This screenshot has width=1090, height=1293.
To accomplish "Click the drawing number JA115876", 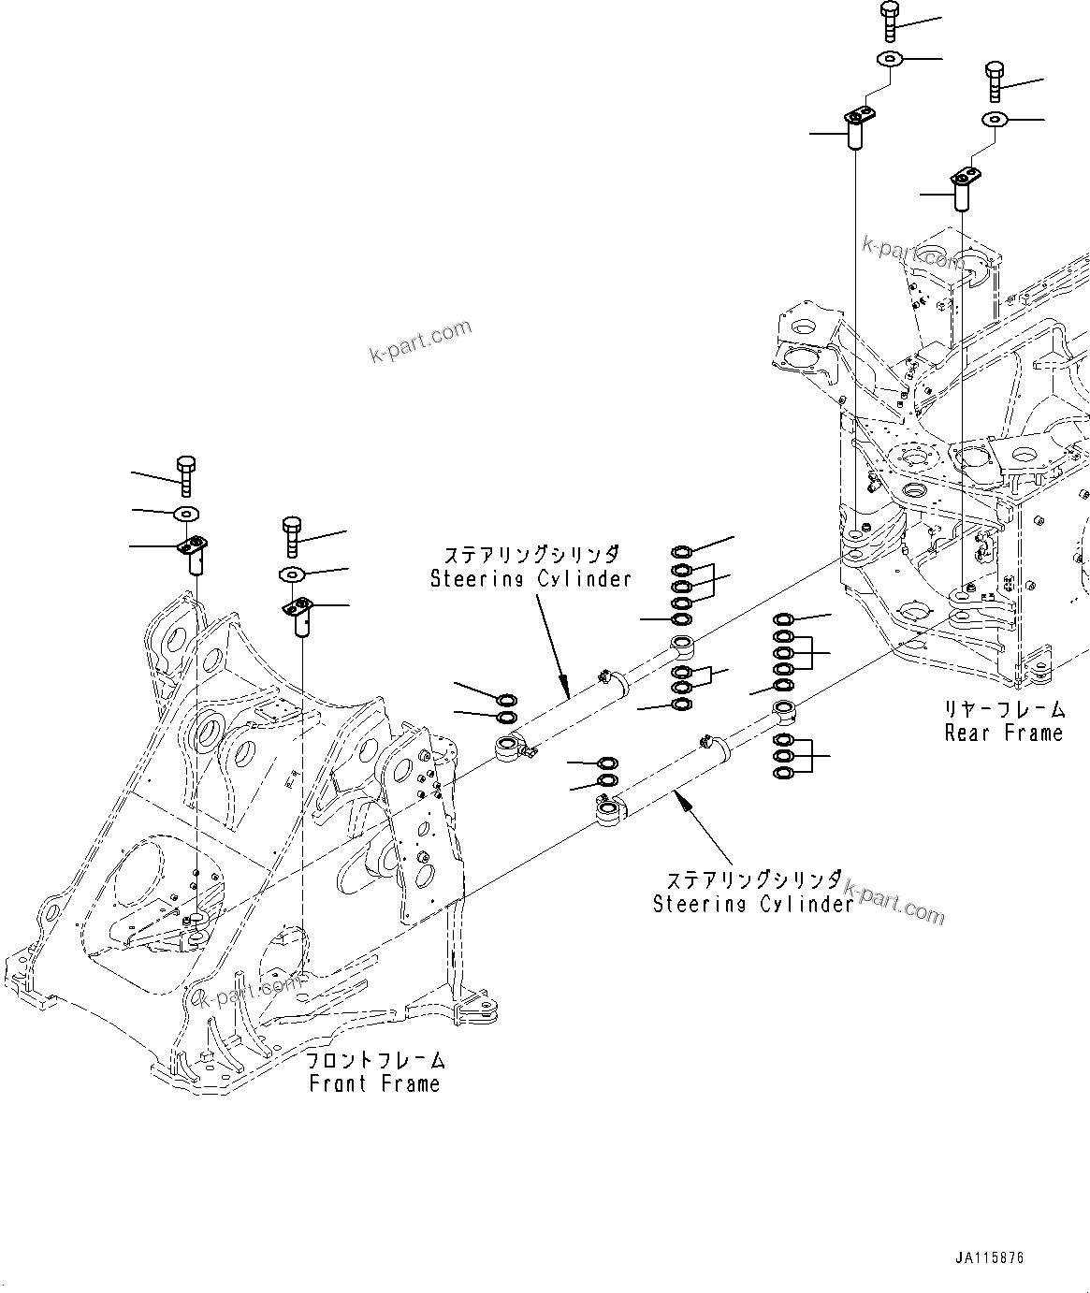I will point(989,1257).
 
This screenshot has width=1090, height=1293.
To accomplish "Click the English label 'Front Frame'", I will point(374,1084).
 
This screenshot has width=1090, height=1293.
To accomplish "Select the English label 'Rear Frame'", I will point(1004,733).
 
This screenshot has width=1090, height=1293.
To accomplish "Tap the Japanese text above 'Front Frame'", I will point(377,1061).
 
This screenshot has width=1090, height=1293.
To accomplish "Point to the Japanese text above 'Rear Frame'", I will point(1004,709).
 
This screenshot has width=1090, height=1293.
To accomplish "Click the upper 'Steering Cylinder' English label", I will point(530,579).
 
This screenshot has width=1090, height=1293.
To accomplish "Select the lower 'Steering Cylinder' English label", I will point(753,904).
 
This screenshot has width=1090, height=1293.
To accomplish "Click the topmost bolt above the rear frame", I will point(889,21).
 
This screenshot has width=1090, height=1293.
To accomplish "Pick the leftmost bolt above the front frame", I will point(185,475).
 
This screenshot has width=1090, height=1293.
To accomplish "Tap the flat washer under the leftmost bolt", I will point(187,512).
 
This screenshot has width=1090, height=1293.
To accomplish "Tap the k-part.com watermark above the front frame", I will point(420,342).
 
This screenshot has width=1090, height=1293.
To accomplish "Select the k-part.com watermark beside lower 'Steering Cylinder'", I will point(895,900).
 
